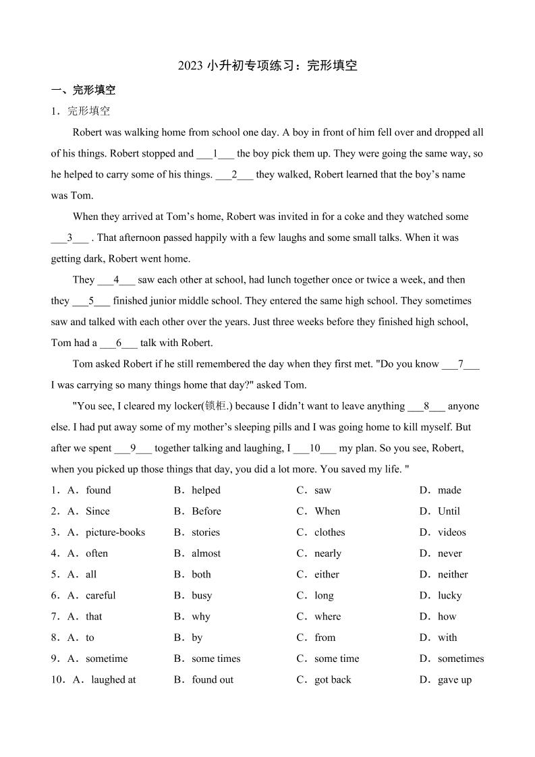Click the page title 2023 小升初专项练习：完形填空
(267, 65)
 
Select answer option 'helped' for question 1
(206, 490)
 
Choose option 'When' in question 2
(327, 511)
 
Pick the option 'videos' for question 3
(451, 532)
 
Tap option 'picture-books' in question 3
(115, 532)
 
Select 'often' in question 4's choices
(96, 553)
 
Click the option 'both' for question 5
(201, 574)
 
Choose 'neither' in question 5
(452, 574)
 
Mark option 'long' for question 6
(324, 596)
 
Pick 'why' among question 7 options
(200, 617)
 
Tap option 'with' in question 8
(447, 638)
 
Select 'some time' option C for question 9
(337, 658)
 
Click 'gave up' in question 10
(454, 680)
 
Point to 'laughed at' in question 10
(113, 680)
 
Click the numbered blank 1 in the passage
(215, 153)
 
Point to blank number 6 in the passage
(118, 343)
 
